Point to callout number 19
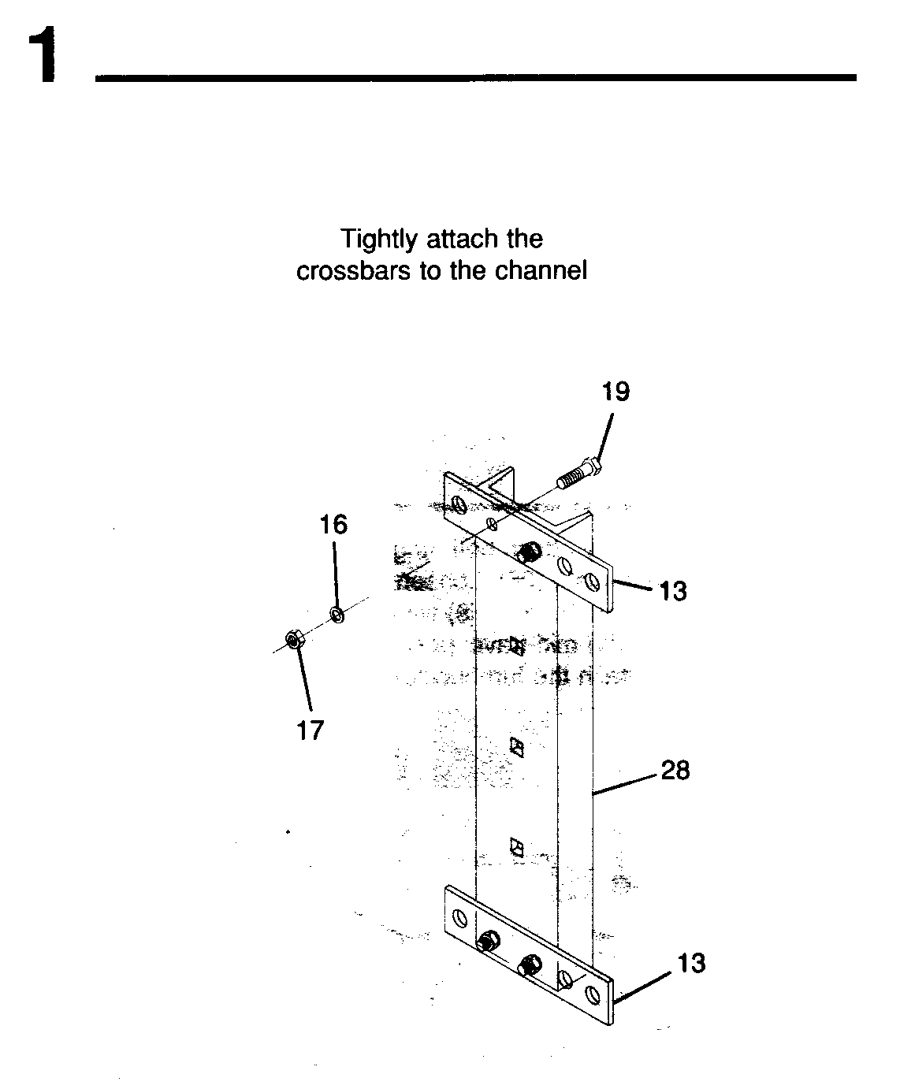tap(615, 392)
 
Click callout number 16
tap(333, 525)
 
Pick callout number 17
tap(311, 730)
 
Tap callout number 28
tap(675, 771)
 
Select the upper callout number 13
tap(673, 592)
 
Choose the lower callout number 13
tap(691, 963)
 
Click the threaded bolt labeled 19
tap(579, 473)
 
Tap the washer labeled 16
tap(337, 615)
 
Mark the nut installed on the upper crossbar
tap(529, 552)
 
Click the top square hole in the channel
tap(516, 646)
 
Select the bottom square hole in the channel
tap(516, 848)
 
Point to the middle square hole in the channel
tap(516, 747)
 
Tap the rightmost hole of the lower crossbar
tap(592, 994)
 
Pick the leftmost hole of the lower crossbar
tap(459, 918)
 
